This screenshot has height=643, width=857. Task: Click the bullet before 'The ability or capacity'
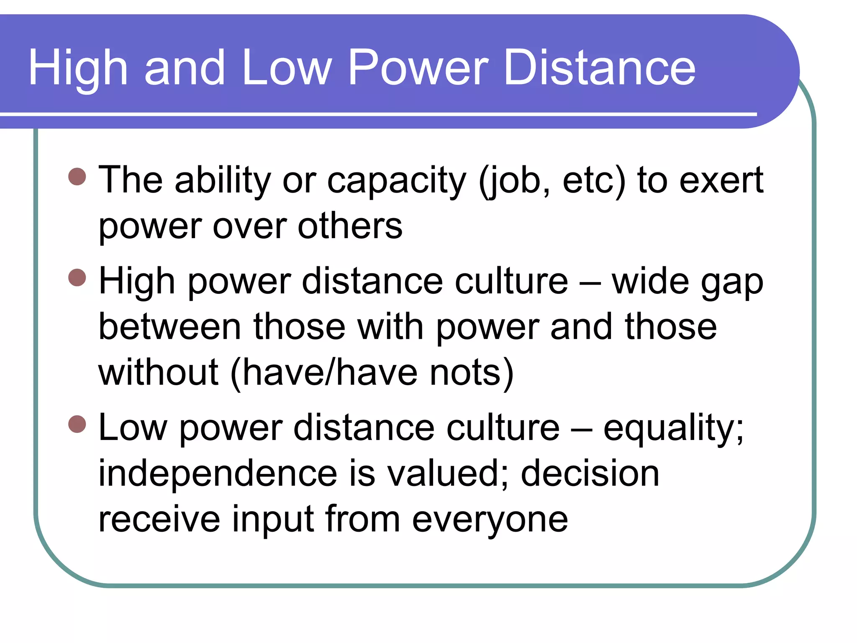tap(77, 177)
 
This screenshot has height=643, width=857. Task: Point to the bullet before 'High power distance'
tap(77, 277)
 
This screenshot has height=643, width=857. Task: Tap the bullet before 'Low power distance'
tap(77, 424)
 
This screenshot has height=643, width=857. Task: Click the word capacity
tap(396, 181)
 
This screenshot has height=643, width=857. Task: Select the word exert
tap(721, 180)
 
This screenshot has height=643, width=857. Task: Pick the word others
tap(350, 226)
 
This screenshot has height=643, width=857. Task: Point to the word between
tap(170, 327)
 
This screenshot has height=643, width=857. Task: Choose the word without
tap(158, 372)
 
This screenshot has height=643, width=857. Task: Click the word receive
tap(159, 519)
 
